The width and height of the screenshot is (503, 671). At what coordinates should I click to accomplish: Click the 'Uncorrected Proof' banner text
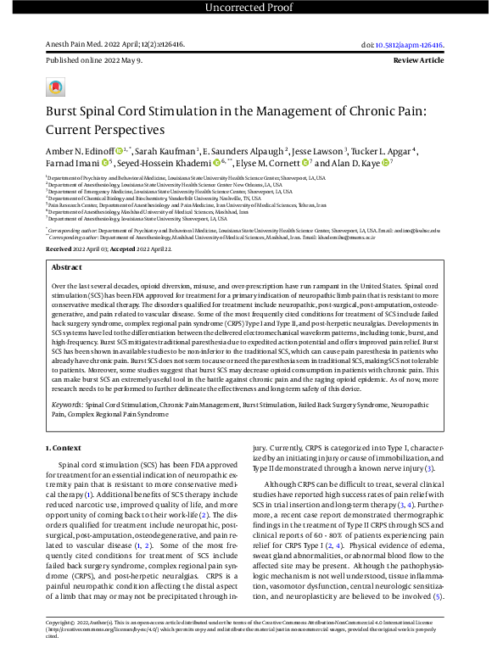[x=251, y=8]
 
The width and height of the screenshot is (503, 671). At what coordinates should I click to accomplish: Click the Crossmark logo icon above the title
[x=55, y=87]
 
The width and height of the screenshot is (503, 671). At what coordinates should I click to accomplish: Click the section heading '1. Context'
[x=64, y=446]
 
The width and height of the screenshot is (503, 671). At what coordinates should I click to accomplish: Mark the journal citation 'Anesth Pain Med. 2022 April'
[x=93, y=45]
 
